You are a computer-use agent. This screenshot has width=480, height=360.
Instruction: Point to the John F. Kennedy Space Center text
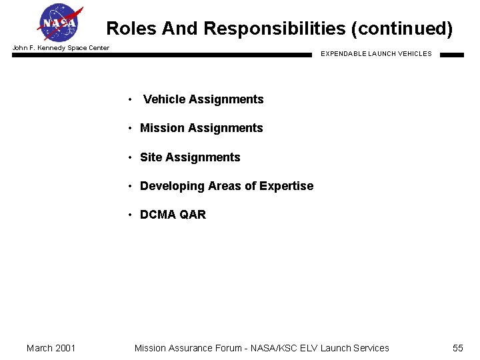pos(61,48)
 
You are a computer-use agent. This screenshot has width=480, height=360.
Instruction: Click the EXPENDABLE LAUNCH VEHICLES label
pos(376,54)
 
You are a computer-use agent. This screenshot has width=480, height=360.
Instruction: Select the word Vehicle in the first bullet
pos(164,99)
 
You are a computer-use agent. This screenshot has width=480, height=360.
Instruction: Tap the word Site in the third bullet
pos(151,157)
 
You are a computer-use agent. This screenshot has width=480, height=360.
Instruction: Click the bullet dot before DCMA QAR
pos(131,215)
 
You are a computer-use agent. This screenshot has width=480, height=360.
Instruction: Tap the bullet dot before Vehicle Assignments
pos(131,100)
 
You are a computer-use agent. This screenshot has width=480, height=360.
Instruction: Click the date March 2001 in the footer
pos(51,348)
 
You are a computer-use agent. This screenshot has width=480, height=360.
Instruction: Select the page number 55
pos(457,348)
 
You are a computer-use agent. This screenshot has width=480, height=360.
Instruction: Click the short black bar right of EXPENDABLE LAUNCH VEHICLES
pos(451,55)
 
